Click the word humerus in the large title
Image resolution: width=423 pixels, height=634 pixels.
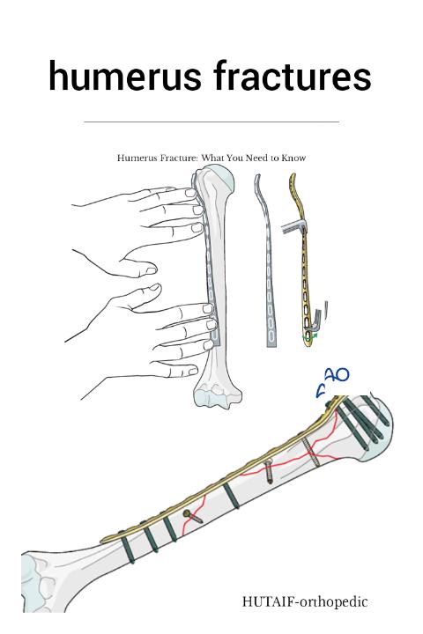tap(124, 76)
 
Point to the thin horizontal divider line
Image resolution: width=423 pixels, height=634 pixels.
tap(211, 121)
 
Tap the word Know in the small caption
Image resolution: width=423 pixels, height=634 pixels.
tap(293, 158)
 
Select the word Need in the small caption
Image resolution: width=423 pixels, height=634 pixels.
tap(257, 158)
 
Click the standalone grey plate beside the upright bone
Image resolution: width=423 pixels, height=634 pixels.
tap(267, 261)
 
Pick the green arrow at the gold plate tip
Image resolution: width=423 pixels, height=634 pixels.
tap(310, 335)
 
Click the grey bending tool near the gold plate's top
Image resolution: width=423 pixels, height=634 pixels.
tap(293, 228)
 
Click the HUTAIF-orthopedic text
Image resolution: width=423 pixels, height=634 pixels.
tap(305, 601)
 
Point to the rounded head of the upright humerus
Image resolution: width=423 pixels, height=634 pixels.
tap(218, 178)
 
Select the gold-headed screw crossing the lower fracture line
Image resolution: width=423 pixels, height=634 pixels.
tap(194, 517)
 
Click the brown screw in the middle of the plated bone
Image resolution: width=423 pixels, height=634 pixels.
tap(269, 471)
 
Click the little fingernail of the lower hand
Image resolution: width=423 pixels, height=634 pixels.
tap(194, 370)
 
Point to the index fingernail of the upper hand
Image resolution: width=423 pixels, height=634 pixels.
tap(191, 193)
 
